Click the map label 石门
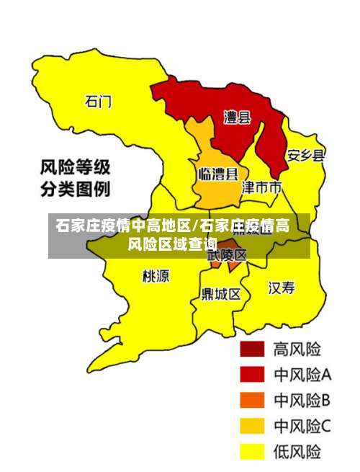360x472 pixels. point(98,101)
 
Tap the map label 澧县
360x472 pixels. point(236,117)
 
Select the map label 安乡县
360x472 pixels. point(305,155)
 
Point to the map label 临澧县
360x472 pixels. point(218,174)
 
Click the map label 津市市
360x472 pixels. point(261,188)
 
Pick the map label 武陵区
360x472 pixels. point(227,255)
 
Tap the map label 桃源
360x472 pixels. point(156,276)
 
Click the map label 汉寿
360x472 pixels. point(282,288)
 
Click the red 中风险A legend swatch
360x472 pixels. point(252,374)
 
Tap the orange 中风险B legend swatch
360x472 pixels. point(252,400)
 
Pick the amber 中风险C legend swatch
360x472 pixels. point(252,426)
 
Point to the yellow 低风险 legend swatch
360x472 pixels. point(252,452)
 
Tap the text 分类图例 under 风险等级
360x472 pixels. point(75,190)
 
